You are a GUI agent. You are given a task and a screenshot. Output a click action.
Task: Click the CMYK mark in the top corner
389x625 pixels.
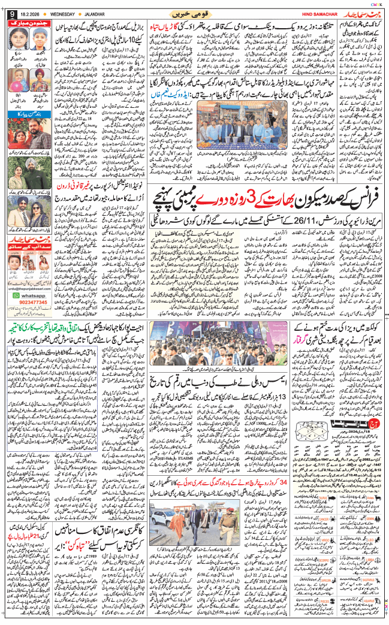(376, 4)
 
